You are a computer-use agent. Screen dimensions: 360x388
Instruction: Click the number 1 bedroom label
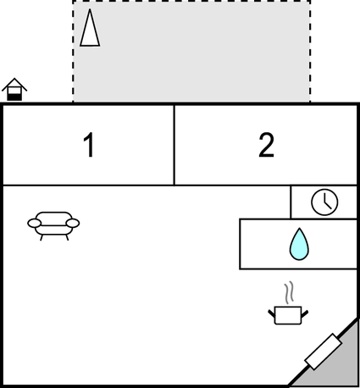(x=90, y=145)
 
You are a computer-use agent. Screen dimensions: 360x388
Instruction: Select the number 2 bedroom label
(x=266, y=145)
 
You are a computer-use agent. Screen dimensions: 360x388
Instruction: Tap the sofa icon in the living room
(x=53, y=226)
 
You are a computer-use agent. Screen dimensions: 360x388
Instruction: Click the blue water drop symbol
(x=299, y=244)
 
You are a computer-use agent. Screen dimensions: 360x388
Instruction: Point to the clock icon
(x=324, y=202)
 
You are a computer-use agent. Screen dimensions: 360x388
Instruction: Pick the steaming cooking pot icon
(x=288, y=303)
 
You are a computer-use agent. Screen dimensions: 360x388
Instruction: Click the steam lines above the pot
(x=289, y=292)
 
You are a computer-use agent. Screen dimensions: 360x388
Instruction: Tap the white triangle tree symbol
(x=90, y=27)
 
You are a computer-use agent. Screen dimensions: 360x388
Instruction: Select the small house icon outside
(x=14, y=89)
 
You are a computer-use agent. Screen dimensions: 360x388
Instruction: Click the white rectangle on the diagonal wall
(x=324, y=352)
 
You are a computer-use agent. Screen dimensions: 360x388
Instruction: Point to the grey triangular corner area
(x=336, y=364)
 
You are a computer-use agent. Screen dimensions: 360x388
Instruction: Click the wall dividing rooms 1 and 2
(x=174, y=145)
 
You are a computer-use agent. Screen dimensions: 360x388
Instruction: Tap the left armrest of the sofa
(x=34, y=223)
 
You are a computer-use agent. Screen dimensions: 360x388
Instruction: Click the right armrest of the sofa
(x=73, y=223)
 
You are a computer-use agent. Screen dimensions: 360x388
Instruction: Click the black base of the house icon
(x=14, y=97)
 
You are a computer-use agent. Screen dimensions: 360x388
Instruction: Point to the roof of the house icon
(x=14, y=84)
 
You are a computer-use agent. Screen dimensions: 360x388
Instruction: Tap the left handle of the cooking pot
(x=271, y=313)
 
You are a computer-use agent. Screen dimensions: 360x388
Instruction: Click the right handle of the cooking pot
(x=305, y=313)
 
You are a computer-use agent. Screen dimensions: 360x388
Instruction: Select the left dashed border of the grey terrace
(x=73, y=51)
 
